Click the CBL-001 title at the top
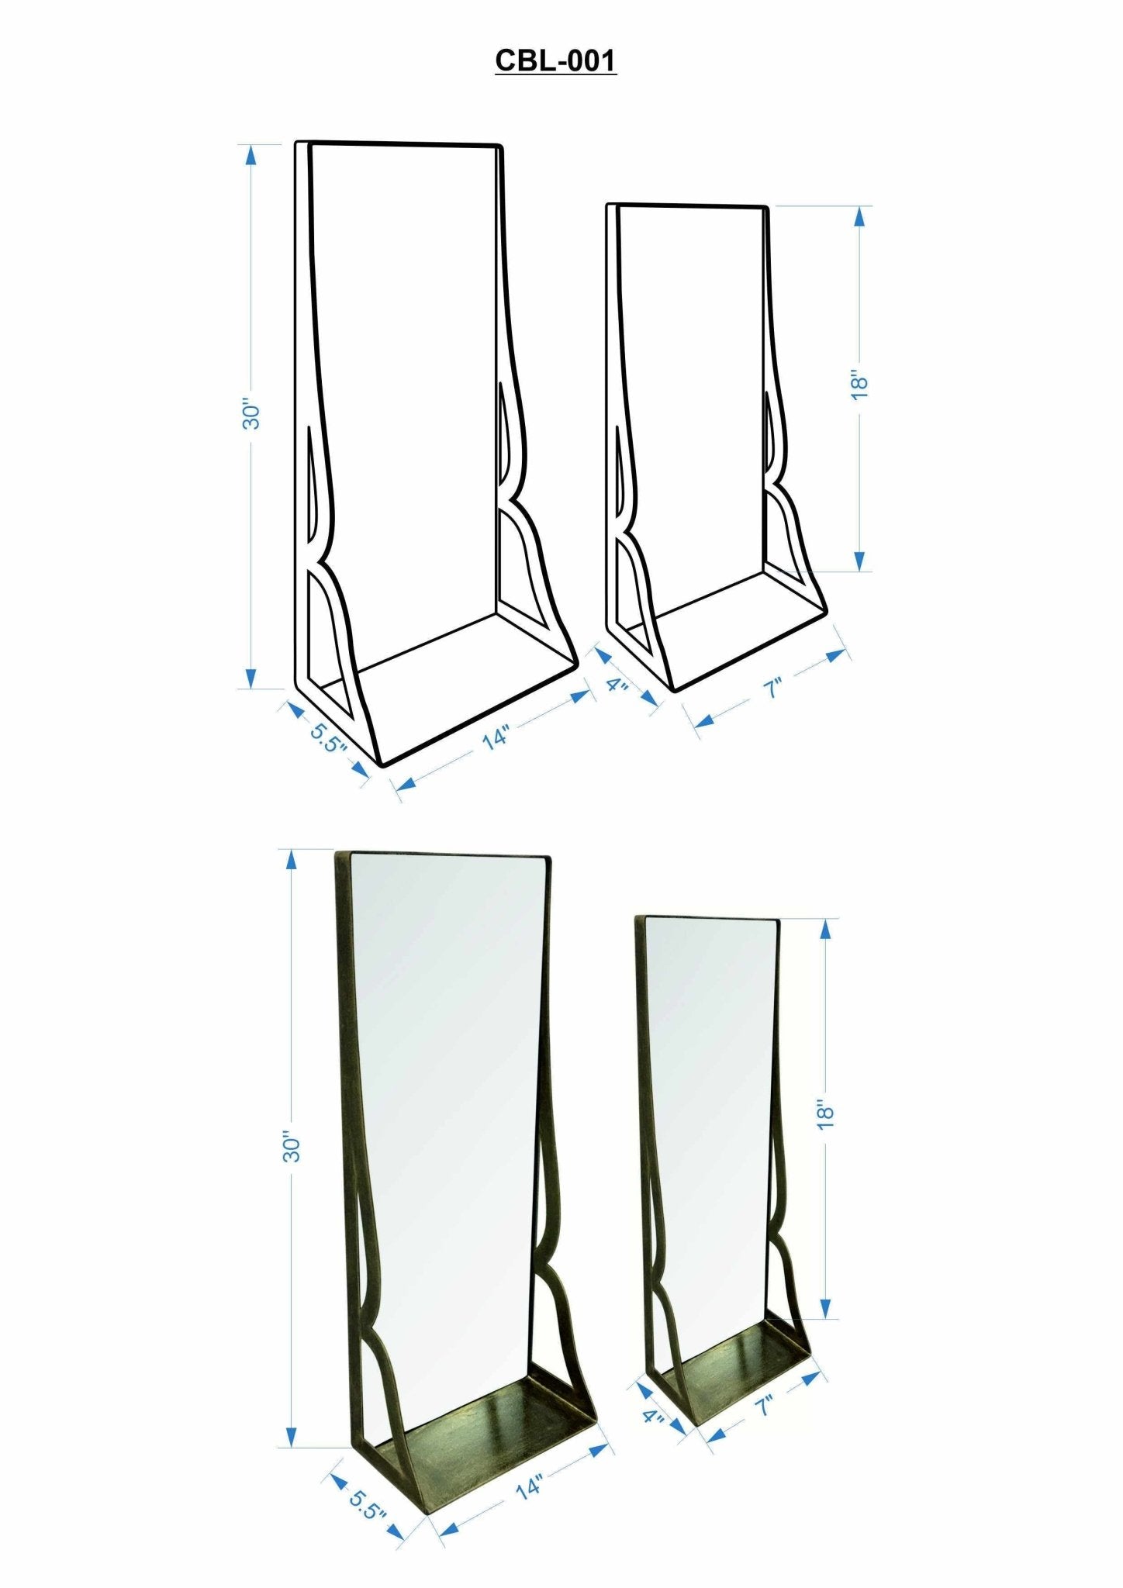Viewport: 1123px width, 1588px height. (x=555, y=60)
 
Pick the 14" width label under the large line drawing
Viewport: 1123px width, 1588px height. (x=496, y=736)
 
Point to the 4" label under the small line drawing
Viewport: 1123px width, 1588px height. (x=617, y=685)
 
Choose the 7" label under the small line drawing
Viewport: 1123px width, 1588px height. (x=772, y=688)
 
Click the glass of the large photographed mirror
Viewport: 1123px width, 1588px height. (x=450, y=1086)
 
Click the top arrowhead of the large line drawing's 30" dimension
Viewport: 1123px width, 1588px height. (x=251, y=155)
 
